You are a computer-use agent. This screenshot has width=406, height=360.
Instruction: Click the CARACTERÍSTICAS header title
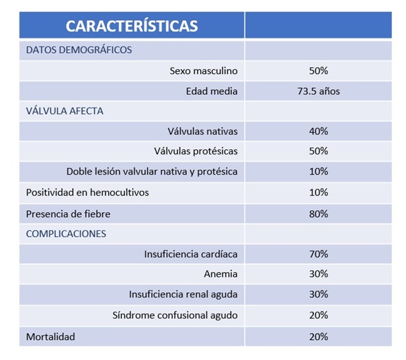[132, 26]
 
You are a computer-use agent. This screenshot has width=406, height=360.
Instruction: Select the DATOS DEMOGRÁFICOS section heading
[79, 50]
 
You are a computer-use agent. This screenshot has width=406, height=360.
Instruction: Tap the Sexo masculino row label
[204, 71]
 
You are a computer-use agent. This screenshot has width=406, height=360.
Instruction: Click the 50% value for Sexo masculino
[318, 71]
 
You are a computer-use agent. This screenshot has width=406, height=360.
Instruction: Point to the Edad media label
[212, 91]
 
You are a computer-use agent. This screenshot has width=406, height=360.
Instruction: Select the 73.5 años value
[319, 91]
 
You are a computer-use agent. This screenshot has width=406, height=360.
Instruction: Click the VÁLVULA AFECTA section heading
[65, 111]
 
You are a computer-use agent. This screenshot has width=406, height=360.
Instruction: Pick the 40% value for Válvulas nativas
[318, 131]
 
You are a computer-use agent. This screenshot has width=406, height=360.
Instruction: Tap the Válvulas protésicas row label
[196, 151]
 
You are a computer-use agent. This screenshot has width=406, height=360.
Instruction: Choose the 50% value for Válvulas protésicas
[318, 151]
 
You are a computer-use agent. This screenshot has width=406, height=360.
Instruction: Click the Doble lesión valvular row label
[152, 172]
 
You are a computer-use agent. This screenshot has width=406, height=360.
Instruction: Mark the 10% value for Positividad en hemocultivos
[318, 193]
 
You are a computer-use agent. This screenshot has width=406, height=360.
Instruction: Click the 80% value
[318, 214]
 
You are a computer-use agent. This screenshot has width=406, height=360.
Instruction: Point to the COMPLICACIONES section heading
[66, 234]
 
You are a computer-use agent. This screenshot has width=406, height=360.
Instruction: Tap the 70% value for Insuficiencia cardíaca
[318, 254]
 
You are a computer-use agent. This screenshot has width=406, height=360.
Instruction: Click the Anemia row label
[220, 274]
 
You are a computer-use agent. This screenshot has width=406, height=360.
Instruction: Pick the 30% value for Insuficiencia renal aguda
[318, 294]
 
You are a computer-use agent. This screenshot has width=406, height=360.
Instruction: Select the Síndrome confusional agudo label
[175, 315]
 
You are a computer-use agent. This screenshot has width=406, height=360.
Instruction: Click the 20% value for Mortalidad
[318, 336]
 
